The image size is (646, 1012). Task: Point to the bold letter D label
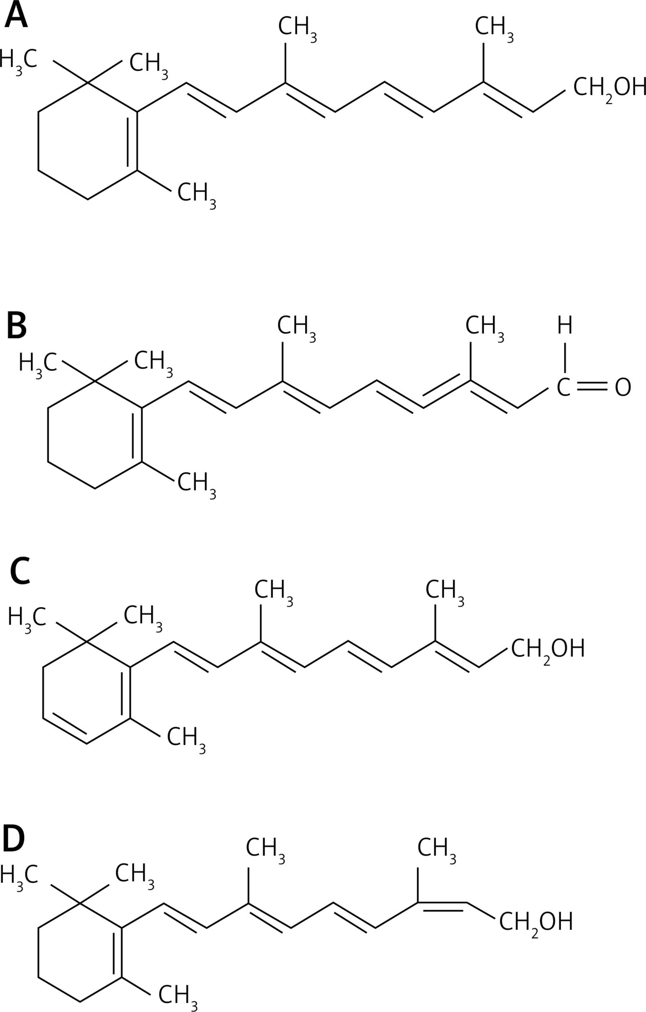point(14,839)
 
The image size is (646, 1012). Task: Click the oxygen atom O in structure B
point(623,387)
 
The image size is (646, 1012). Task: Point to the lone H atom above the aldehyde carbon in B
point(565,326)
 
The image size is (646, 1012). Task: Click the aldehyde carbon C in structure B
point(563,387)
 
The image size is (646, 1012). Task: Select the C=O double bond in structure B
point(592,387)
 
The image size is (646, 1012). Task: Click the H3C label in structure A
point(18,60)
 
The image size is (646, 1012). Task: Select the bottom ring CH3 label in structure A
point(196,194)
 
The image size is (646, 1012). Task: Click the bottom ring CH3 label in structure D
point(178,995)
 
